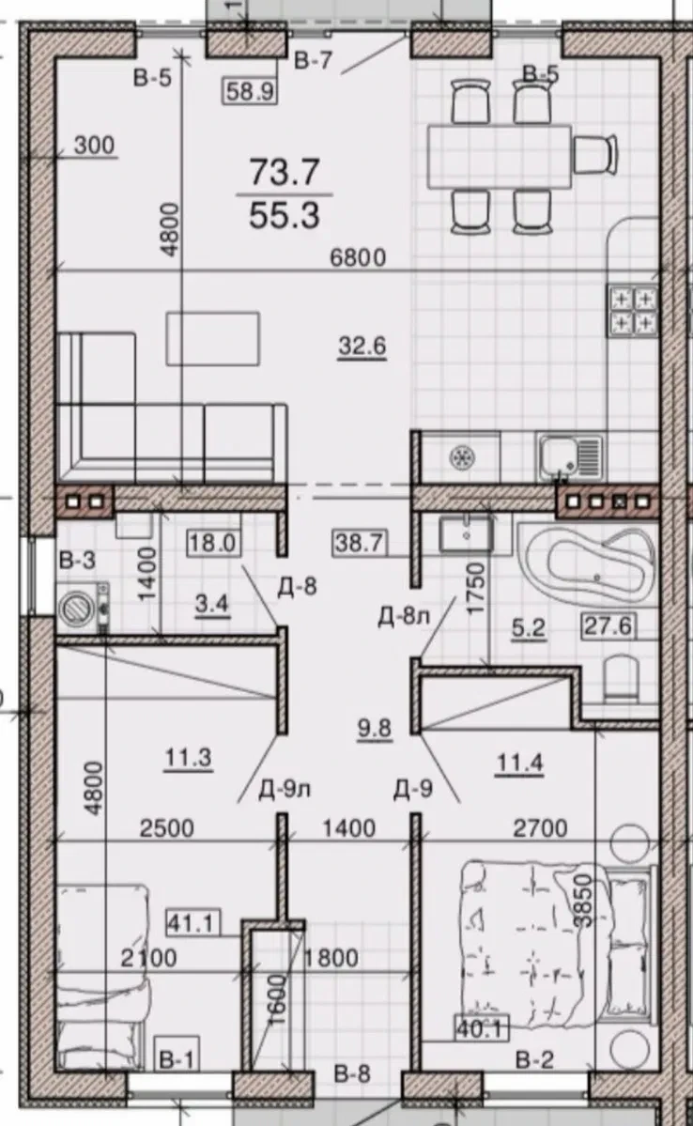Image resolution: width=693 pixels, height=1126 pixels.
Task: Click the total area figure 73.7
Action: tap(285, 173)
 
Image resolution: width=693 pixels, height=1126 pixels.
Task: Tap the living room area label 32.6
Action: tap(362, 347)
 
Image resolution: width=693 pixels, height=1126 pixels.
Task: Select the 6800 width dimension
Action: tap(358, 257)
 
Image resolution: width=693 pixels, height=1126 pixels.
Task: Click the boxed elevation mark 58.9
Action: tap(250, 91)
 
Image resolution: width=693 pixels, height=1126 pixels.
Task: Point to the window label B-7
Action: tap(314, 61)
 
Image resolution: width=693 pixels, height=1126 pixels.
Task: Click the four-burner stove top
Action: tap(633, 311)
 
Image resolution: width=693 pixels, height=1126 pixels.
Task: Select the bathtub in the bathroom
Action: tap(590, 563)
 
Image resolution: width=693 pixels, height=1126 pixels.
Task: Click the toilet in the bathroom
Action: tap(622, 679)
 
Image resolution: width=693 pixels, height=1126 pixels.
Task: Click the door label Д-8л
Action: tap(403, 616)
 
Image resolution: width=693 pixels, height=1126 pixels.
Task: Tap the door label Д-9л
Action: tap(285, 790)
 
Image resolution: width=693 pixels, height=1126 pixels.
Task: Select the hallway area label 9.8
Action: tap(374, 729)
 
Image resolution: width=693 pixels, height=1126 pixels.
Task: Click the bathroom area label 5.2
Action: tap(528, 628)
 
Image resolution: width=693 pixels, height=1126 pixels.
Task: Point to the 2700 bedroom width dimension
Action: tap(540, 828)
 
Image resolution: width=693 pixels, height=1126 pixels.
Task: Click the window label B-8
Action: tap(352, 1073)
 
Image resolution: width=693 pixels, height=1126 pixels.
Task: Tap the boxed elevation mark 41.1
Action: tap(191, 922)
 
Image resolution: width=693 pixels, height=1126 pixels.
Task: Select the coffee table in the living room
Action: tap(212, 337)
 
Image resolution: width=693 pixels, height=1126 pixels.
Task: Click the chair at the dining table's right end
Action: tap(595, 155)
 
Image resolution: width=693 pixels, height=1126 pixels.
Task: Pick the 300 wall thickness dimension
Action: tap(94, 145)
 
